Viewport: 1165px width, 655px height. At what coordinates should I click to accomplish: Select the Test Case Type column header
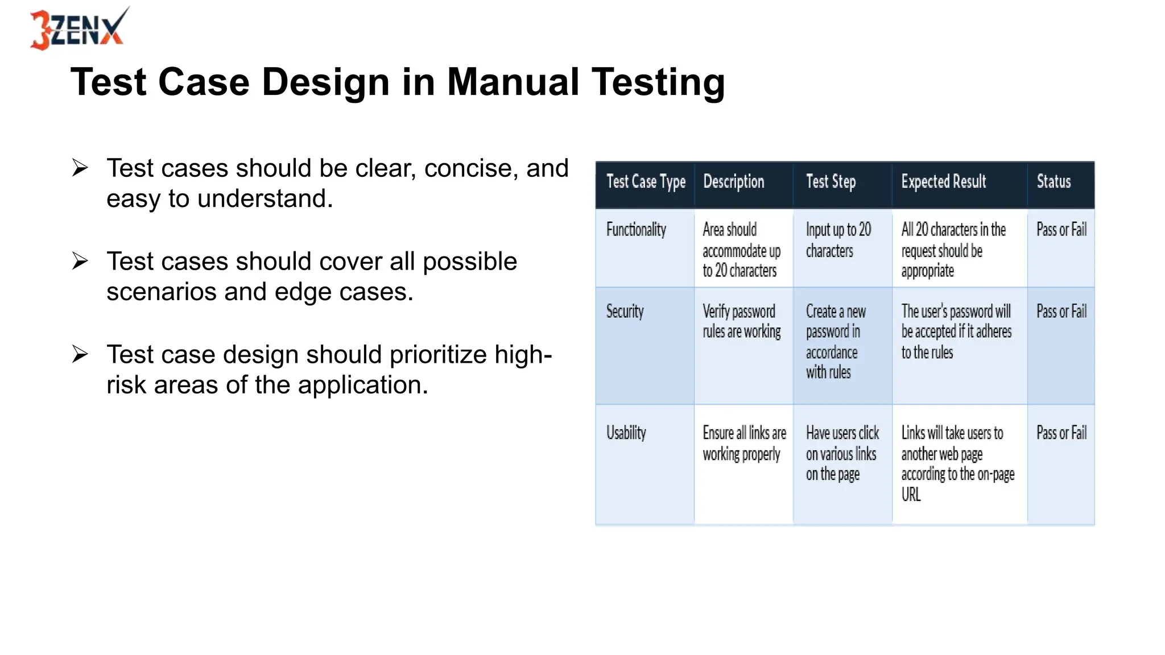[x=646, y=182]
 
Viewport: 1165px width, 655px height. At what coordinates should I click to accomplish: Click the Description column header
[x=733, y=182]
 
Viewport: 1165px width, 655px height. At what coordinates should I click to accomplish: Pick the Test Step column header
[x=831, y=182]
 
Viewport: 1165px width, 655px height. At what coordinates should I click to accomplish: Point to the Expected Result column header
[x=943, y=182]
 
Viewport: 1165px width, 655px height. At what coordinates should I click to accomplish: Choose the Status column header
[x=1054, y=182]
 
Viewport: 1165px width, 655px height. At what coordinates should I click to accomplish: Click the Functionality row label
[x=636, y=230]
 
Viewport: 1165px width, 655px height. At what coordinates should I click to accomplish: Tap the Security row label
[x=625, y=312]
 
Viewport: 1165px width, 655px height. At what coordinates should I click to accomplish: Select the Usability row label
[x=626, y=433]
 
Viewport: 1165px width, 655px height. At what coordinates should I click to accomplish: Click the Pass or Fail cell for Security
[x=1061, y=312]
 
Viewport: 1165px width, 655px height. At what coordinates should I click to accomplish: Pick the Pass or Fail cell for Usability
[x=1061, y=433]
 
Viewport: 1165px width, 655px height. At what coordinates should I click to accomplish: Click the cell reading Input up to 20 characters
[x=837, y=240]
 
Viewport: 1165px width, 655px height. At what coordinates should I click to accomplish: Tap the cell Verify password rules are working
[x=741, y=322]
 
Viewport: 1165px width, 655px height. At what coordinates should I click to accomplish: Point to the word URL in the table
[x=911, y=495]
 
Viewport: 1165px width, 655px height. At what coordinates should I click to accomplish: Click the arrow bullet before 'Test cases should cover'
[x=80, y=261]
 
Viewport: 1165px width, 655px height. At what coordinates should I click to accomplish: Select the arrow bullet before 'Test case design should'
[x=80, y=354]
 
